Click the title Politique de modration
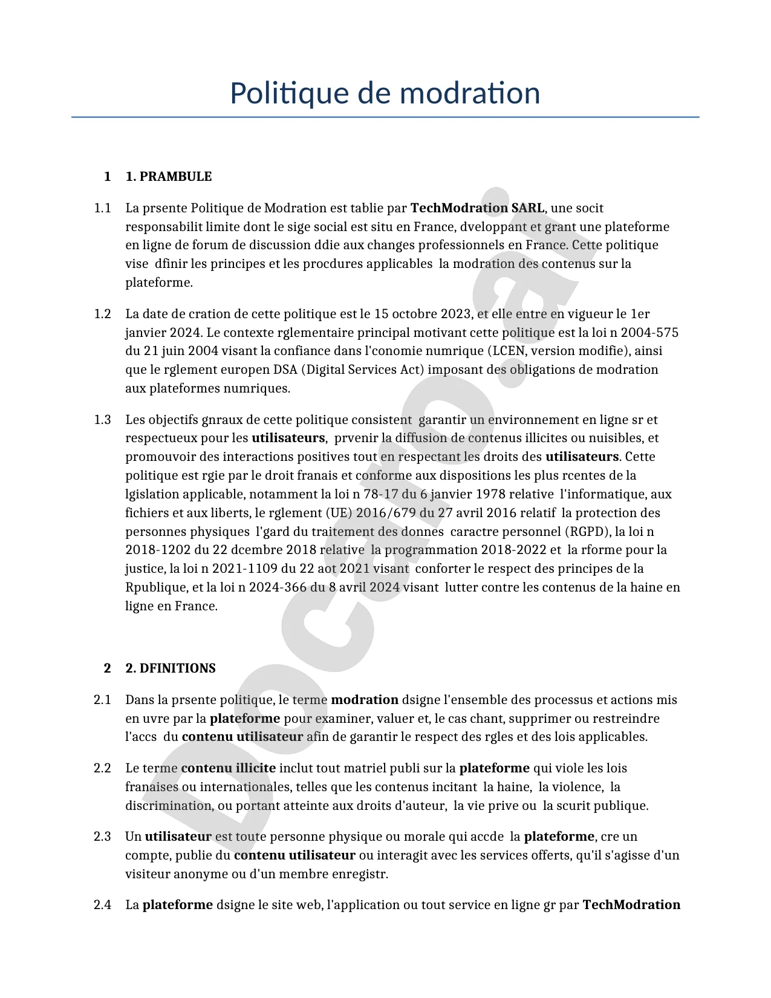pos(385,93)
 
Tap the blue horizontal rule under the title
pos(385,117)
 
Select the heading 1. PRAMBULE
pos(168,177)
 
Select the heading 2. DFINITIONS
pos(170,668)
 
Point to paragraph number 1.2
pos(103,314)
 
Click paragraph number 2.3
pos(103,837)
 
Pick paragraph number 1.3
pos(103,420)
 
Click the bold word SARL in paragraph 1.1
pos(527,208)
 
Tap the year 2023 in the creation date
pos(455,314)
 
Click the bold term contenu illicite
pos(228,768)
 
